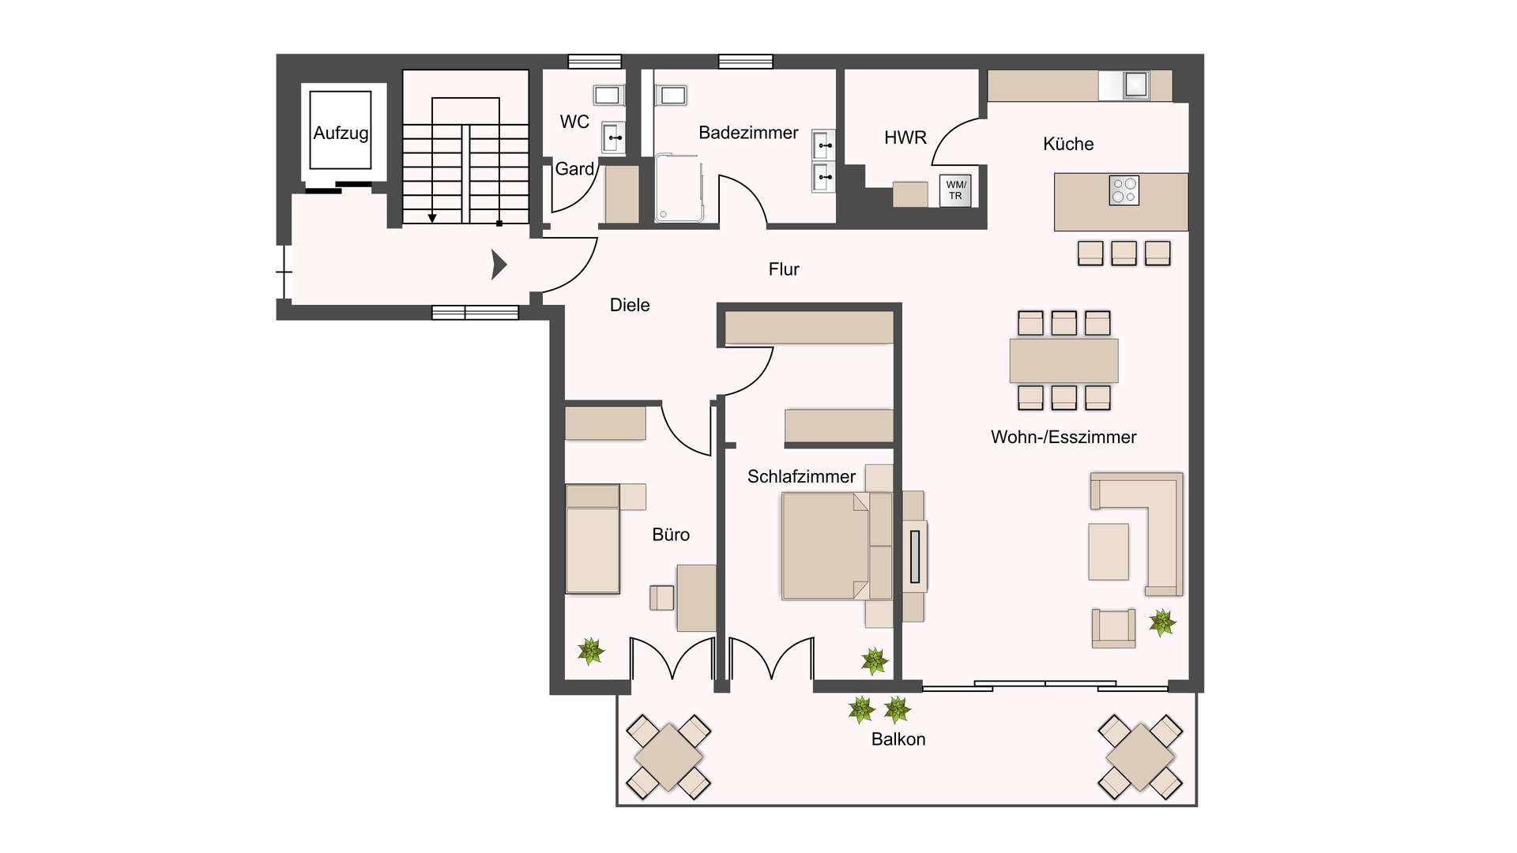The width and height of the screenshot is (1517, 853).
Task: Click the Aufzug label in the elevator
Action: click(x=341, y=133)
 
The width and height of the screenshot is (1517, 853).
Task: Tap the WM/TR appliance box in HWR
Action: click(x=955, y=190)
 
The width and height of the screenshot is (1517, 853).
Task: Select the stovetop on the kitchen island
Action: click(x=1124, y=190)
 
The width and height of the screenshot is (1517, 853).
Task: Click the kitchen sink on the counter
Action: click(x=1135, y=85)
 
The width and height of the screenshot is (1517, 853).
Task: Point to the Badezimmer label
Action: click(x=747, y=133)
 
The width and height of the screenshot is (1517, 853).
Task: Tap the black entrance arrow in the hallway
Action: click(x=498, y=265)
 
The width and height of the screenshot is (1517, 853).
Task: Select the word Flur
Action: click(x=783, y=269)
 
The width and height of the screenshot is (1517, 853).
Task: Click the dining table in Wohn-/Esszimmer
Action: click(x=1063, y=361)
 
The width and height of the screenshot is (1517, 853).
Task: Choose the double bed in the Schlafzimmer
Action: click(x=826, y=546)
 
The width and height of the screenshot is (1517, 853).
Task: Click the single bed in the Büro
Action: click(x=593, y=539)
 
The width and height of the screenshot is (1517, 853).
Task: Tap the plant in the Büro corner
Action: click(x=590, y=652)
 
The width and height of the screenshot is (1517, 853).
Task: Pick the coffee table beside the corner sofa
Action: click(x=1109, y=551)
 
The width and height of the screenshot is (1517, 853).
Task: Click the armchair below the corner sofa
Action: click(x=1113, y=628)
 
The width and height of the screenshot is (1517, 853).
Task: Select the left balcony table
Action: click(x=668, y=757)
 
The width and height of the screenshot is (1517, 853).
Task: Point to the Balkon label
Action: click(x=898, y=739)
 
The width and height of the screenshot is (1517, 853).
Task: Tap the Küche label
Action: click(x=1067, y=144)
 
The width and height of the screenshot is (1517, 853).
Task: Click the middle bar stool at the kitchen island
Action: click(x=1124, y=253)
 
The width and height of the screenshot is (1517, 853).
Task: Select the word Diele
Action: click(x=629, y=305)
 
